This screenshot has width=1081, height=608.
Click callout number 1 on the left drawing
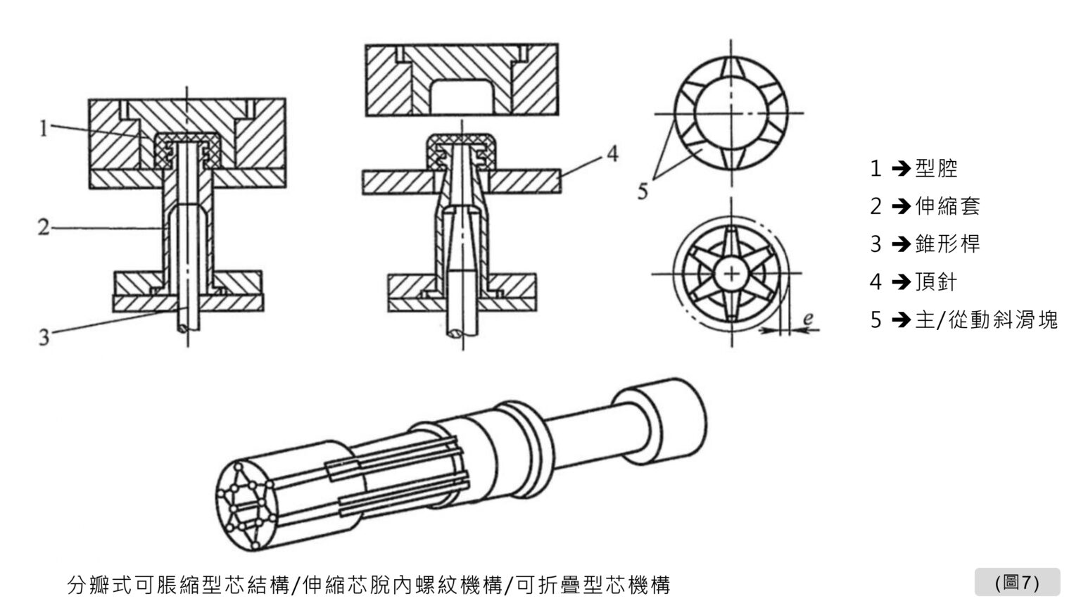tap(44, 128)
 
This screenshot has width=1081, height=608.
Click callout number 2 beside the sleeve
tap(44, 228)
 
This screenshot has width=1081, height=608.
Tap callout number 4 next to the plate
tap(612, 154)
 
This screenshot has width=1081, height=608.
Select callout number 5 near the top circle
tap(643, 191)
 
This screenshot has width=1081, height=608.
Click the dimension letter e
tap(808, 319)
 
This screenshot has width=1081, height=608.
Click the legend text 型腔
tap(936, 169)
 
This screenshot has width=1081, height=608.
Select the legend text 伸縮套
tap(947, 206)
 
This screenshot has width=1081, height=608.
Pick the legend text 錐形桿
tap(947, 244)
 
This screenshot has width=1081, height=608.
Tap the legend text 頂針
tap(936, 282)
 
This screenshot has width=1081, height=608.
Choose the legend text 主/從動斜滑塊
tap(986, 320)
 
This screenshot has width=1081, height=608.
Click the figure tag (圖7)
tap(1017, 582)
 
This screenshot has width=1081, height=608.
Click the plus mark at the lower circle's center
tap(732, 273)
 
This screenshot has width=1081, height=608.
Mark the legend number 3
tap(875, 244)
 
